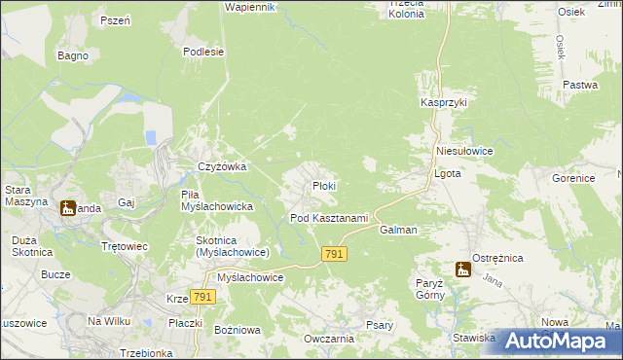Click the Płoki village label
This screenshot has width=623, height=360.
pos(323,186)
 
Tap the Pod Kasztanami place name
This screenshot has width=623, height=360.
pos(329,218)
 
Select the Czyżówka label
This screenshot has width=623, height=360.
pos(222,166)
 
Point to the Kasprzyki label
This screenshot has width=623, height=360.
pos(445,102)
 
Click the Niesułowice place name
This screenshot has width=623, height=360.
pos(465,152)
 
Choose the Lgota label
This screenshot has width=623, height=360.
pos(446,174)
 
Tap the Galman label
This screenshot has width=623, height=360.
pos(398,230)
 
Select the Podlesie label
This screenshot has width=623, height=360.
pos(203,52)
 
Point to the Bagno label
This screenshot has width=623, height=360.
pos(73,55)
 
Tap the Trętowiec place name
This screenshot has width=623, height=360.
pos(125,246)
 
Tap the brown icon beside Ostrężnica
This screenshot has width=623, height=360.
pos(463,270)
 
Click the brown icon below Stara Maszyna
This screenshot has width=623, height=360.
pos(67,207)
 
